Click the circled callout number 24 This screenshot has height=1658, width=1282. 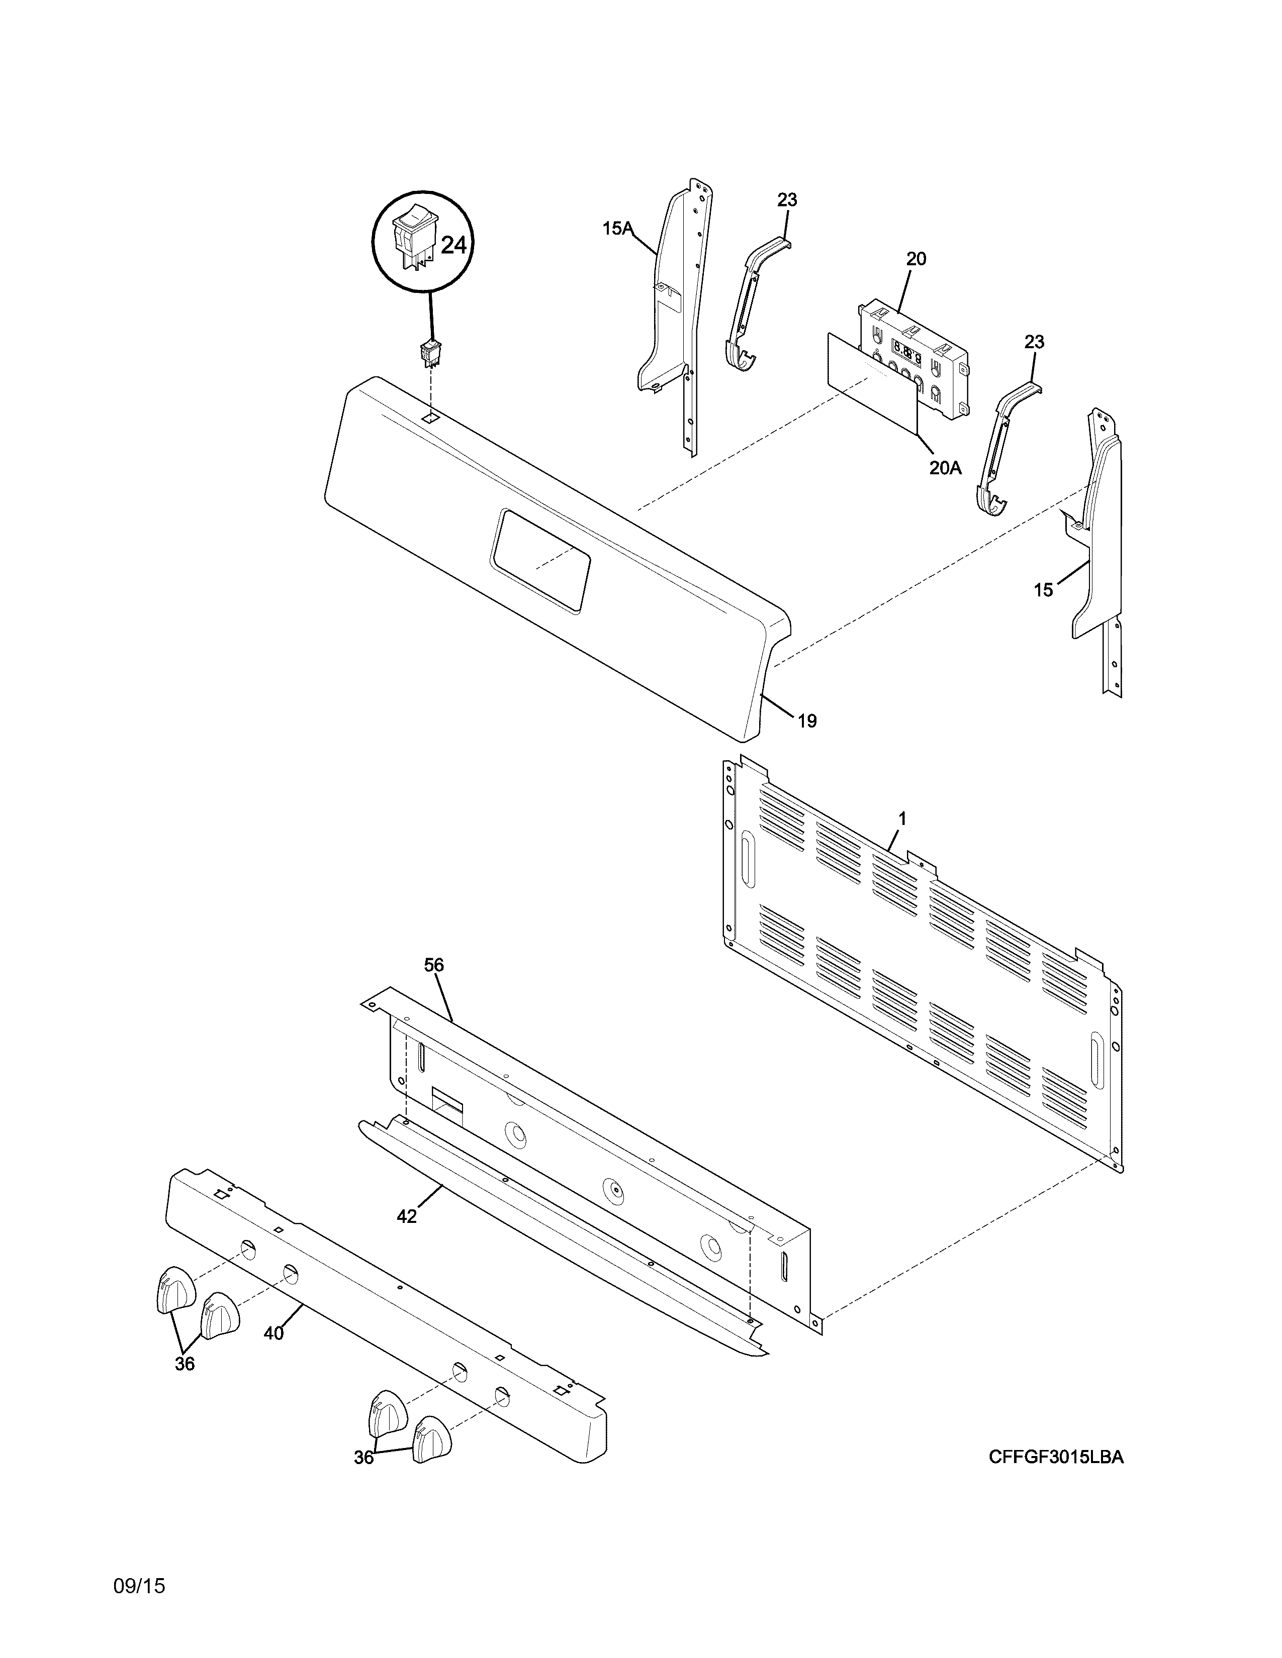(x=453, y=245)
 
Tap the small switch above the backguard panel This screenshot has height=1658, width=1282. (x=431, y=353)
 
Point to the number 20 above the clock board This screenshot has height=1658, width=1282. (x=916, y=259)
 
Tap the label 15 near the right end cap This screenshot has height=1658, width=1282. (x=1044, y=589)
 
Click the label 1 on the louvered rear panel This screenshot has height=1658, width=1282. (x=902, y=818)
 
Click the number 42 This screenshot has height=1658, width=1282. (x=407, y=1216)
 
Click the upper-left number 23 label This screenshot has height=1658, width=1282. (x=788, y=199)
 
